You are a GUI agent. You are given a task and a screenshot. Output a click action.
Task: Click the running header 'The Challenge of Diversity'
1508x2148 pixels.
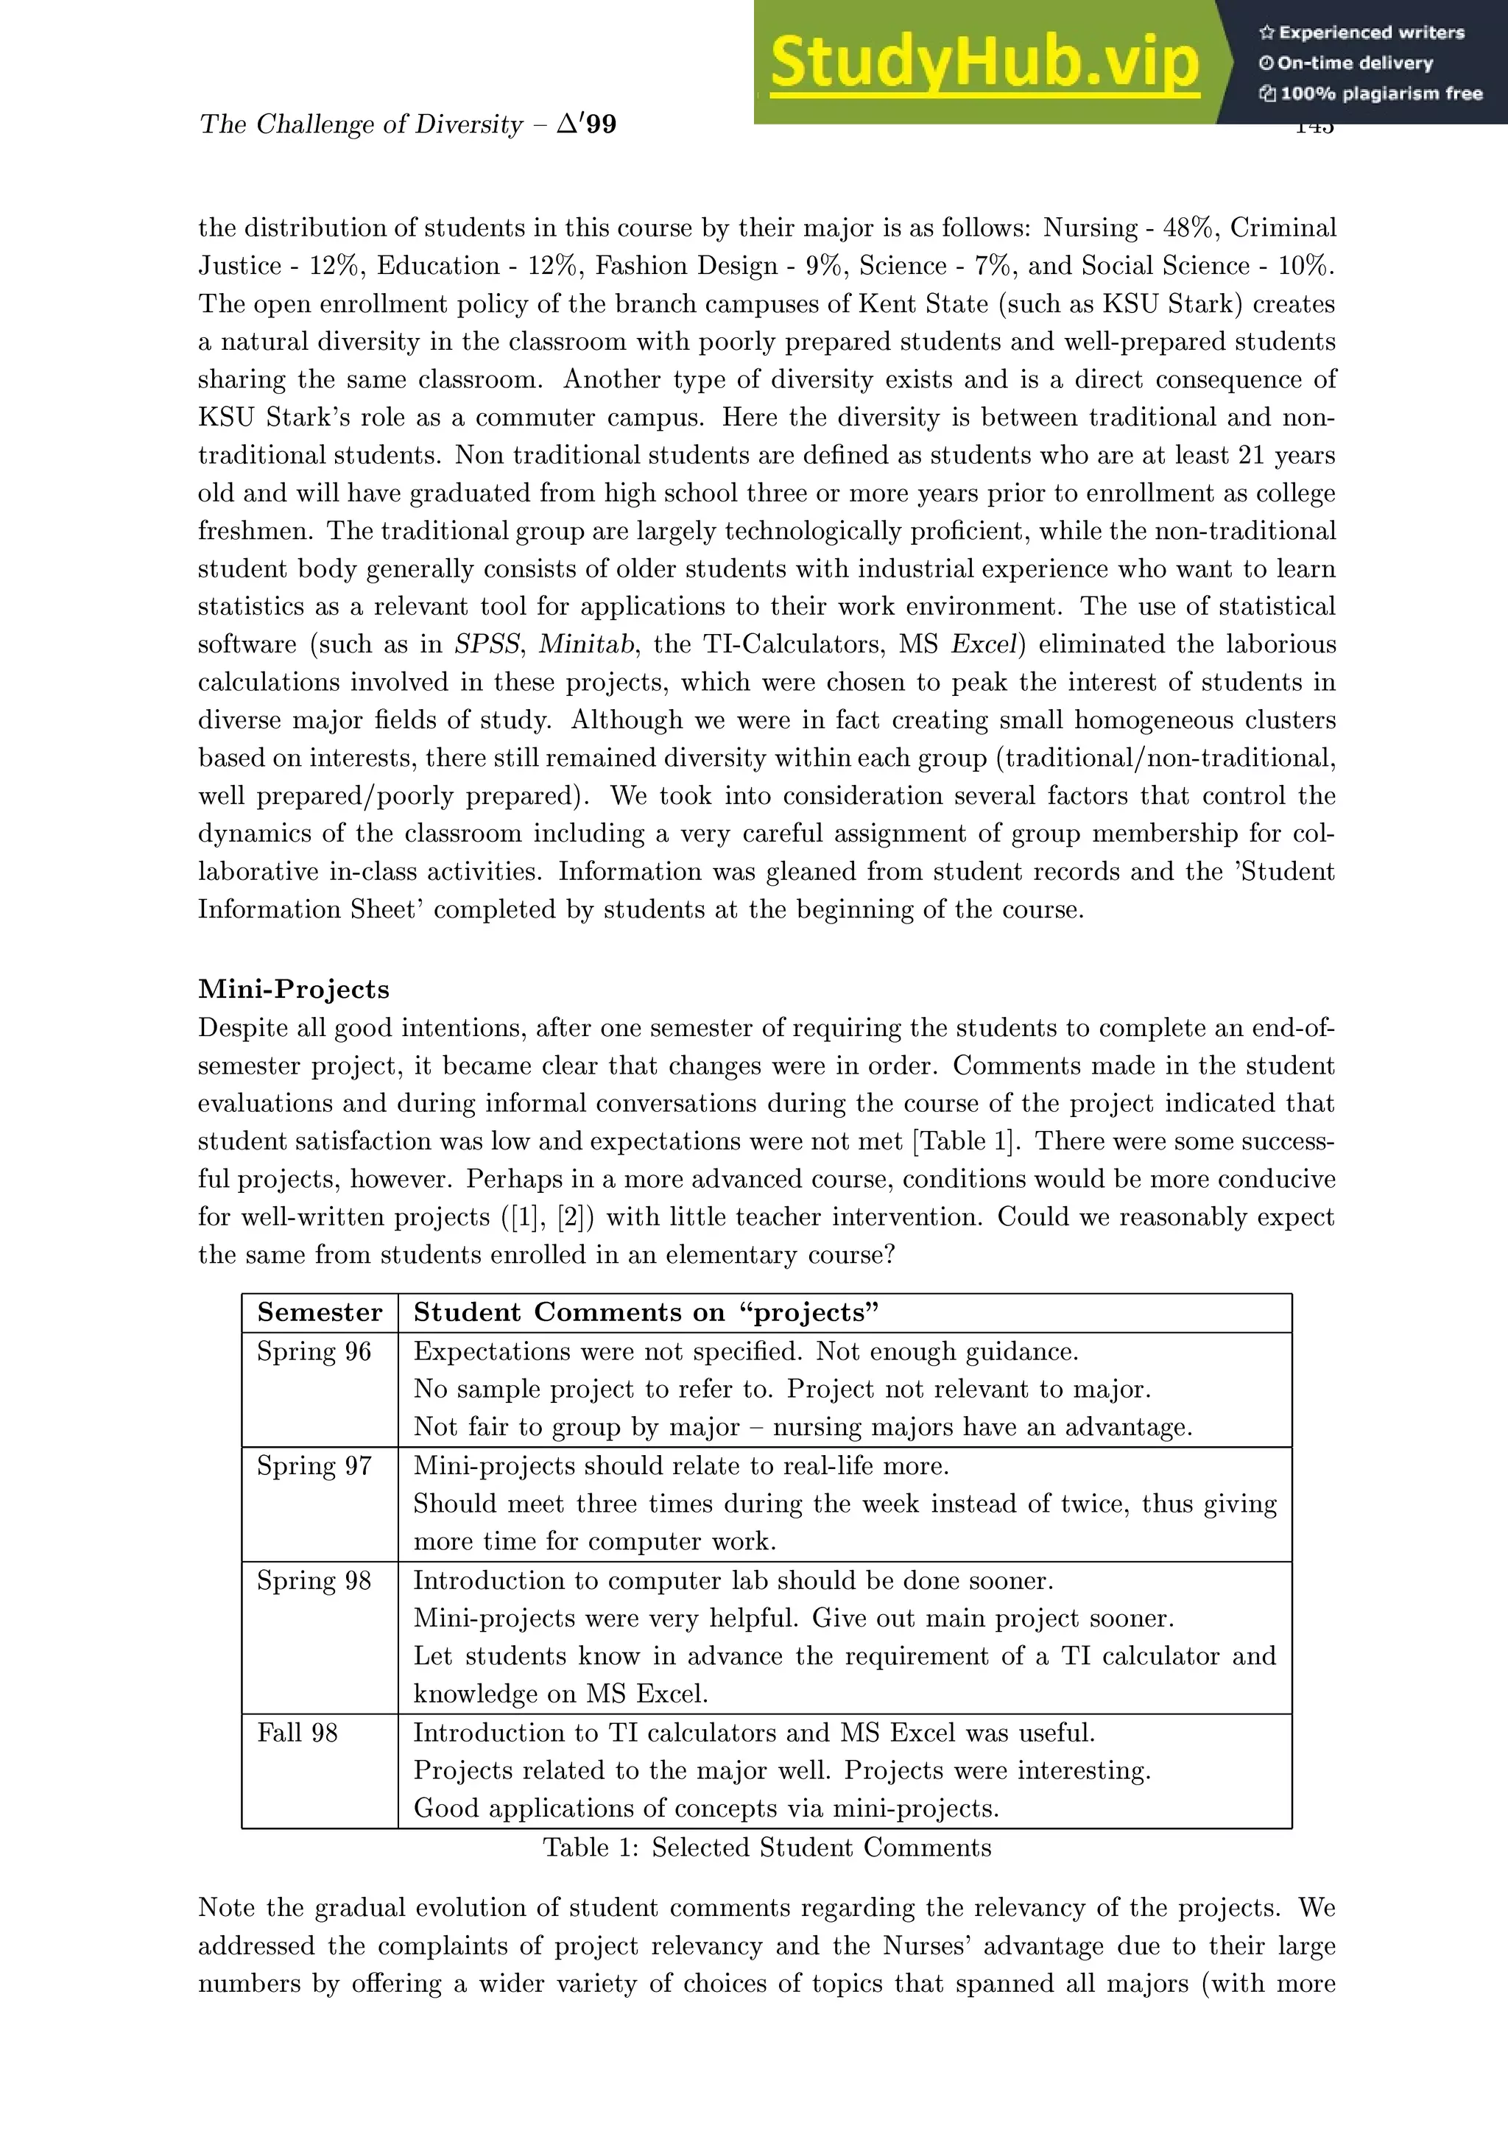coord(360,124)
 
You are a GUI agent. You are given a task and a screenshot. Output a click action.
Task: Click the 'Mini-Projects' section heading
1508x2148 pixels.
coord(294,989)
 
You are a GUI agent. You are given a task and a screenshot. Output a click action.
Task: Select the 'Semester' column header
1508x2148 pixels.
coord(320,1312)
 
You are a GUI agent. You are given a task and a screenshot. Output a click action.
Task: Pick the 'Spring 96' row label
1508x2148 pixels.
coord(314,1352)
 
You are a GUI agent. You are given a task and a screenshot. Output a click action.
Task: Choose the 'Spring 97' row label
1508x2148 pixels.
coord(314,1466)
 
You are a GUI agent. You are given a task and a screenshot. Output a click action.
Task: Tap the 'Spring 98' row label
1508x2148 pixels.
coord(314,1580)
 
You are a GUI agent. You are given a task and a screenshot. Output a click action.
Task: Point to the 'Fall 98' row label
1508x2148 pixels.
coord(297,1733)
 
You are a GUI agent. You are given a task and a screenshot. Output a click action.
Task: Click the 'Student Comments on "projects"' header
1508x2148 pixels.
coord(646,1312)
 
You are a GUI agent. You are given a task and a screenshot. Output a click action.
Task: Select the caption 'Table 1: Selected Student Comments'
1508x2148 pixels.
coord(767,1848)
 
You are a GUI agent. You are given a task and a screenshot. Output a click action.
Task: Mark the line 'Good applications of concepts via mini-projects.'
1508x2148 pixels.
coord(706,1809)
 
